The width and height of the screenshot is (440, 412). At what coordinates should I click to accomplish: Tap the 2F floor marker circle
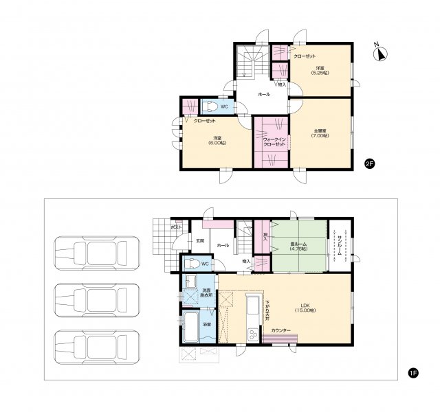(369, 163)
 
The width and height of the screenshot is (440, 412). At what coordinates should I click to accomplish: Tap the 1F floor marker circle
(412, 373)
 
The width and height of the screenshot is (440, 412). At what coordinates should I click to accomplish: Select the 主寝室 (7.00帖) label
(320, 133)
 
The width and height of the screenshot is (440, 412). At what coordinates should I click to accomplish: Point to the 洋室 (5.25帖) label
(320, 71)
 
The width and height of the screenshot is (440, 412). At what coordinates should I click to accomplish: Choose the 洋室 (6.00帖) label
(219, 139)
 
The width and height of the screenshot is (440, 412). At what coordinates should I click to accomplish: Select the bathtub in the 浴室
(190, 328)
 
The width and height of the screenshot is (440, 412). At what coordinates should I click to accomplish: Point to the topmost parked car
(96, 252)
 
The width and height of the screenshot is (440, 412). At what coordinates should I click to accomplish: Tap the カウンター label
(280, 332)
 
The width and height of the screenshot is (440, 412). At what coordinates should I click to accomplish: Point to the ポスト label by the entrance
(176, 226)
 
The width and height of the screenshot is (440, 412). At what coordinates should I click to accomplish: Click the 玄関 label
(199, 240)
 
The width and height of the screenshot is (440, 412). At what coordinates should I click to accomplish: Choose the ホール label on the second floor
(263, 94)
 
